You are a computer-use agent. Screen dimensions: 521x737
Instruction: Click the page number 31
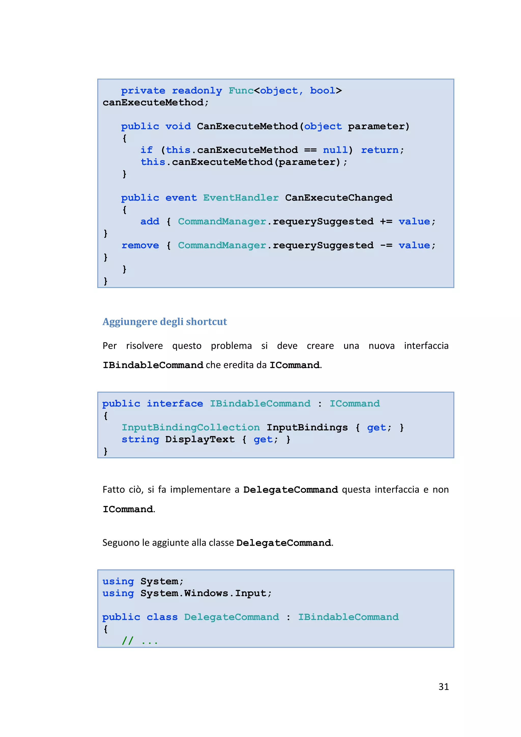443,687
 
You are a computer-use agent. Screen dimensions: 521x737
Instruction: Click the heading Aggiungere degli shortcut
164,322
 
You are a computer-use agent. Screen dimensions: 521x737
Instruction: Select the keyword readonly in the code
197,91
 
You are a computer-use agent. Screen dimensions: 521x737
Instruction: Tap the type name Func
241,91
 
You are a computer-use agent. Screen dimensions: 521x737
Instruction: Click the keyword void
178,126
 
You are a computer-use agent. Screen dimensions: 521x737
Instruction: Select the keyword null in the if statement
335,150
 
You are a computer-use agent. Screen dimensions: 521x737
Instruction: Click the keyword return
380,150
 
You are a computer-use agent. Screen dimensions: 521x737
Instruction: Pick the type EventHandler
241,198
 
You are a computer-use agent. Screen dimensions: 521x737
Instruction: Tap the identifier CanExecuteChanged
339,198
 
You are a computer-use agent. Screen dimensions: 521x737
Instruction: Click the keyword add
150,222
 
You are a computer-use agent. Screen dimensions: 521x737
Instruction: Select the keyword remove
140,245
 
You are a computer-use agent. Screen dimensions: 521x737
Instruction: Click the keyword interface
175,404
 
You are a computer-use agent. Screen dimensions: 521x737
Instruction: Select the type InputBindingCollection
191,428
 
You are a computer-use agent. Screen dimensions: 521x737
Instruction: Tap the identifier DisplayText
200,439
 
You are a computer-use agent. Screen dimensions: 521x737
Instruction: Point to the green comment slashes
127,641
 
